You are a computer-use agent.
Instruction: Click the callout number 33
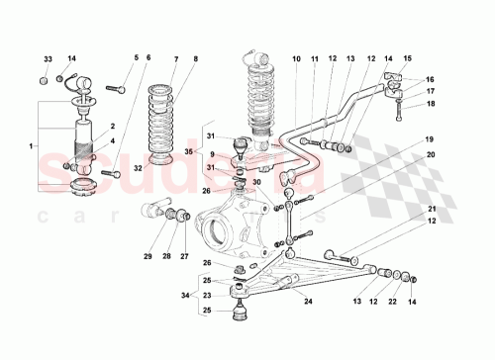(x=46, y=58)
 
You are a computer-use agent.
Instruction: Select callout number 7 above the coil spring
(x=174, y=59)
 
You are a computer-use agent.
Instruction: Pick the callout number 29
(x=148, y=257)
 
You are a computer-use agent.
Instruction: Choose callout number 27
(x=184, y=257)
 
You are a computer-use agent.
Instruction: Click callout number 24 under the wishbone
(x=308, y=302)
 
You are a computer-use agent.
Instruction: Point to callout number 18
(x=431, y=103)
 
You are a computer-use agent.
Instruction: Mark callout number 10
(x=295, y=59)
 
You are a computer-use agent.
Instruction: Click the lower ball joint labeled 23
(x=240, y=292)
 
